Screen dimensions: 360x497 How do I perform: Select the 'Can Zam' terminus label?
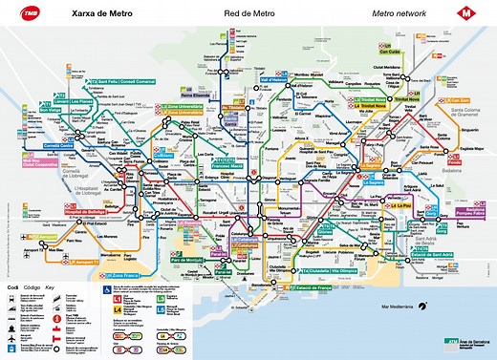[460, 101]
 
